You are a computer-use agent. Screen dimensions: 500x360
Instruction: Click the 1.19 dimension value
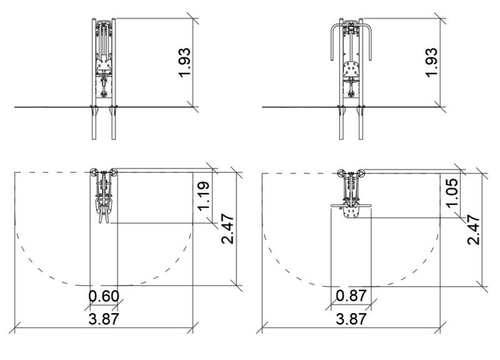point(204,196)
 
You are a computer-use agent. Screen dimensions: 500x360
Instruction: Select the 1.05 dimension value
point(452,193)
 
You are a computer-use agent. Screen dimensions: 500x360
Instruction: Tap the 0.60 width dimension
point(104,296)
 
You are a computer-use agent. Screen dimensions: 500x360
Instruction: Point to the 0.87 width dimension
point(351,296)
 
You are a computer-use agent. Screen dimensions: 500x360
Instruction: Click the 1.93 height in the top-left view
point(184,62)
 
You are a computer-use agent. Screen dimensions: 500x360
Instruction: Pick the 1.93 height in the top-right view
point(431,62)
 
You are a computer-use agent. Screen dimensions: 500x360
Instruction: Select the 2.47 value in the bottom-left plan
point(227,229)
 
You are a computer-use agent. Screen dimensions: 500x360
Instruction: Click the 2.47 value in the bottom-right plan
point(474,230)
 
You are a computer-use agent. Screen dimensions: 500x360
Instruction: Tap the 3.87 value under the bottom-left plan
point(104,319)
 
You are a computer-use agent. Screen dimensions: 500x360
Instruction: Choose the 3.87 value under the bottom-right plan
point(351,319)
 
